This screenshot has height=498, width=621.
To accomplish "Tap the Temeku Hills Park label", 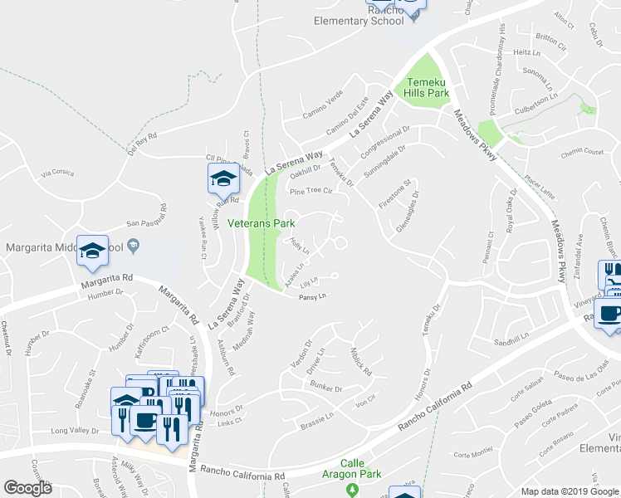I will (428, 88).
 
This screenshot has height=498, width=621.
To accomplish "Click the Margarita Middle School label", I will (70, 247).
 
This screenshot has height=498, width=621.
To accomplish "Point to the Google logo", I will (27, 487).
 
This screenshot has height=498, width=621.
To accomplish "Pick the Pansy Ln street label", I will (310, 296).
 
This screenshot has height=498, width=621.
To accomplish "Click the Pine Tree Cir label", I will (310, 191).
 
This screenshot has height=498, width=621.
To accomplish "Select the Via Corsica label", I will (57, 172).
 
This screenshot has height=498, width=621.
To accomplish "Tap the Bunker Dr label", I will (325, 388).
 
